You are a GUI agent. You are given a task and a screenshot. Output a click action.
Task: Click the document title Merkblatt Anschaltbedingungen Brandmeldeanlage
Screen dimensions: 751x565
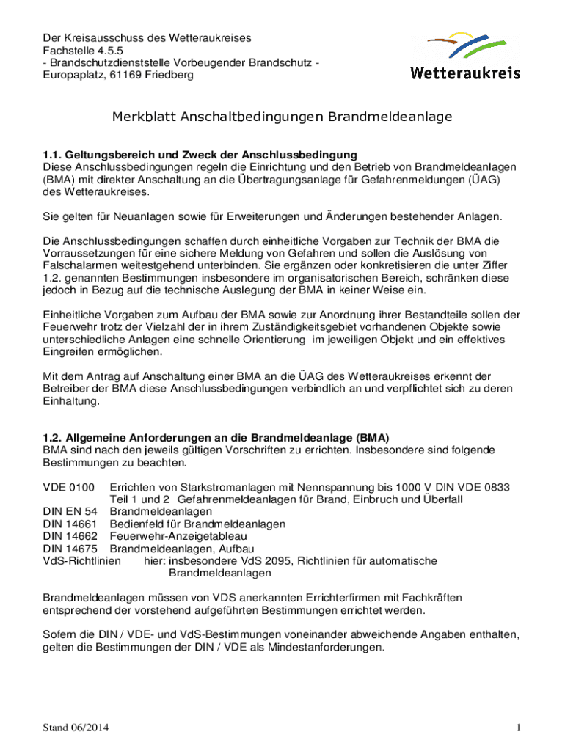282,117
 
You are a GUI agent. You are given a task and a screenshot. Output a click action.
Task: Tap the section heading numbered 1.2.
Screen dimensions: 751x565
216,438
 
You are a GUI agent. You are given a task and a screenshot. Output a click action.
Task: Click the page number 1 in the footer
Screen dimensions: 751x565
518,728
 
